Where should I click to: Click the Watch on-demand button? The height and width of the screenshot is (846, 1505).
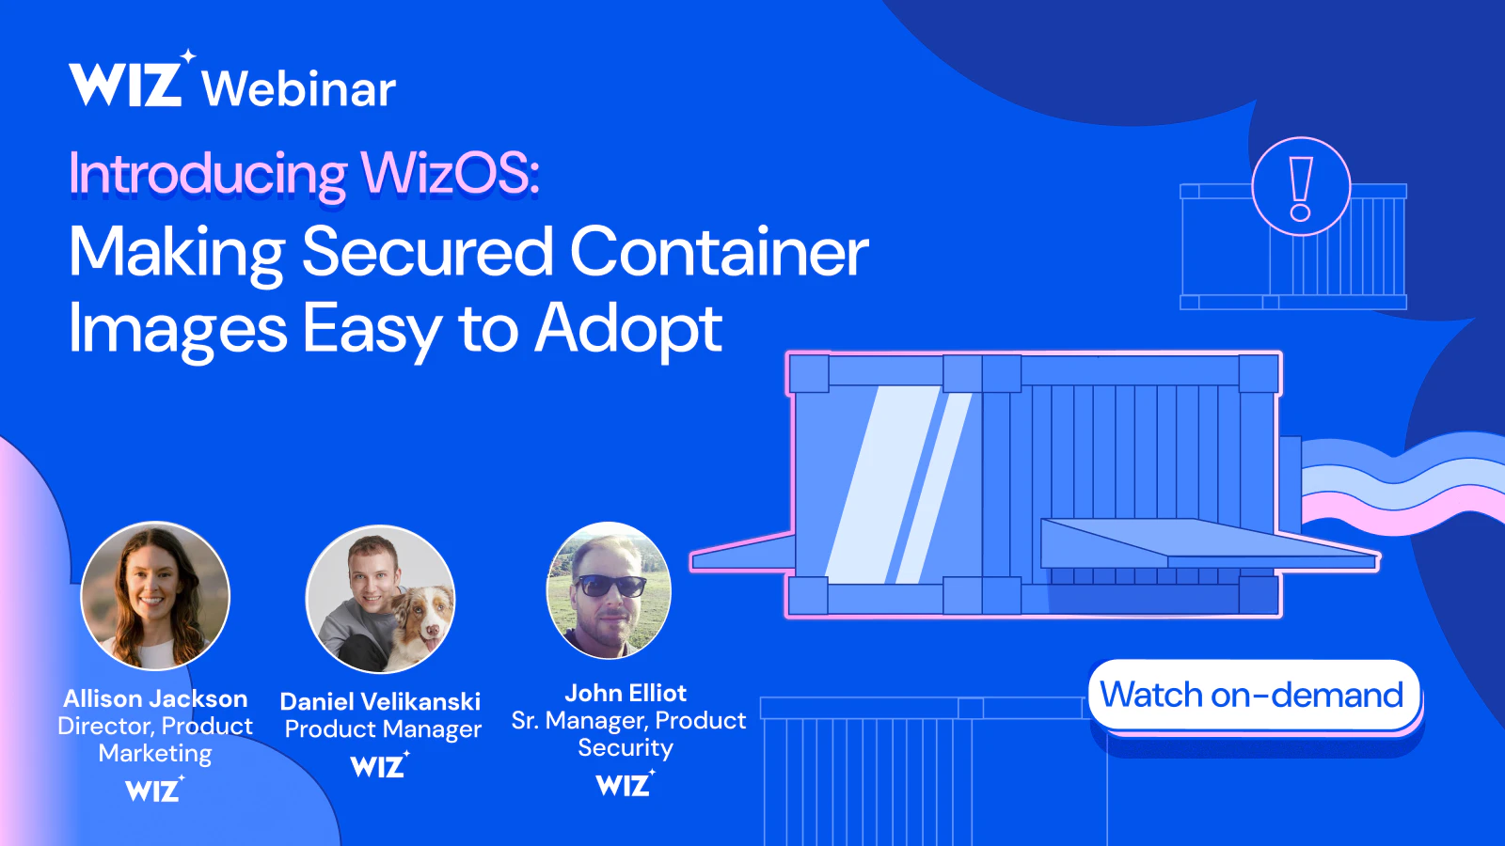click(x=1255, y=695)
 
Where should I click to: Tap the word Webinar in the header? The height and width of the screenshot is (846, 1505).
click(x=299, y=88)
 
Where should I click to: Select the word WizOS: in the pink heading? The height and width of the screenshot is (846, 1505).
click(x=450, y=173)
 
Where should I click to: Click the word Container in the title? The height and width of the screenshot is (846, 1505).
click(x=719, y=251)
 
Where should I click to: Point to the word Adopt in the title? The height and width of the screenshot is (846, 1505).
click(x=628, y=329)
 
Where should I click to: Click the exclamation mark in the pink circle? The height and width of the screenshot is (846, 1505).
click(x=1302, y=188)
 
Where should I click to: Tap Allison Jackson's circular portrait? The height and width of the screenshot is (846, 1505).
click(x=155, y=596)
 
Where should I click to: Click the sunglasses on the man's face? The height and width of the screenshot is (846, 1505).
click(x=610, y=585)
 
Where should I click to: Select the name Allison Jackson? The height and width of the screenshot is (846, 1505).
click(x=155, y=699)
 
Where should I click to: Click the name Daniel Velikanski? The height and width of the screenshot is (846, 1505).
click(x=380, y=701)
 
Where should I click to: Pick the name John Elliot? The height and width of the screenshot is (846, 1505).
click(x=626, y=693)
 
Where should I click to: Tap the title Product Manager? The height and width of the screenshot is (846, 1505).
click(x=383, y=729)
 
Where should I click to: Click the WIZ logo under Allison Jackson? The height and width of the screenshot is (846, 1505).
click(x=155, y=789)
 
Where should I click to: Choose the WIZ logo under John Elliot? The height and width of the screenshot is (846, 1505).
click(x=626, y=784)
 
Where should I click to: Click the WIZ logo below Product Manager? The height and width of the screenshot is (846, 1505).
click(x=380, y=765)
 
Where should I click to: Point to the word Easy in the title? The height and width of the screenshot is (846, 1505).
click(x=372, y=330)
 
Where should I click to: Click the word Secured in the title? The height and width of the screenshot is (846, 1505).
click(x=428, y=251)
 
